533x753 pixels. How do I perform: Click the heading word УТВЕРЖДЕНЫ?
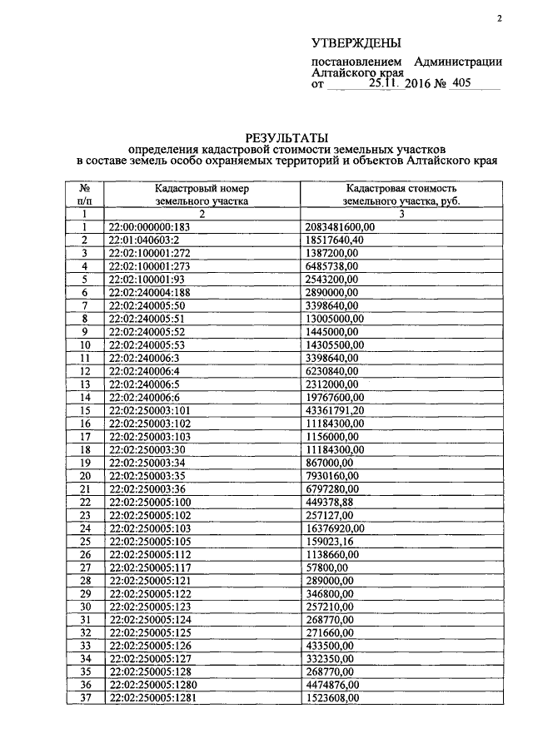coord(356,42)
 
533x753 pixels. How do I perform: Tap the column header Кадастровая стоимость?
coord(401,189)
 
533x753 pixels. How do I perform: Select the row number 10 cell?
coord(84,344)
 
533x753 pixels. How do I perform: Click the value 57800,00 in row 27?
coord(323,567)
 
